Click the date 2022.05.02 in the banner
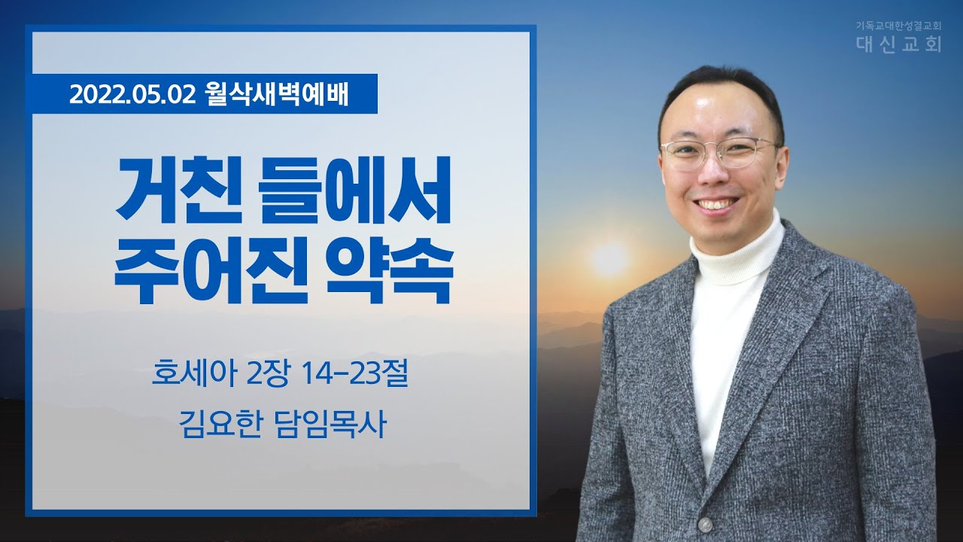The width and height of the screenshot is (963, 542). click(132, 95)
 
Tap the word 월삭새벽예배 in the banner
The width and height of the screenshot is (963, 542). click(277, 94)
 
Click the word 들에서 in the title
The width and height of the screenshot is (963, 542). click(357, 190)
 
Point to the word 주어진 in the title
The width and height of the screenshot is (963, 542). click(211, 270)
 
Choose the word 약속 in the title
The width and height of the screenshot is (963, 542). click(390, 270)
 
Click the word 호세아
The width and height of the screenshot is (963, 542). click(194, 373)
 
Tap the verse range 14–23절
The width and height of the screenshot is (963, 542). click(354, 373)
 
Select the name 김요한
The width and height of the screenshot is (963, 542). click(220, 424)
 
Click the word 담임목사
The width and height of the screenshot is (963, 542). click(330, 424)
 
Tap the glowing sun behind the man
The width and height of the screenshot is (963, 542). click(609, 259)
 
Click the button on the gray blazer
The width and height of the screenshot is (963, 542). click(705, 525)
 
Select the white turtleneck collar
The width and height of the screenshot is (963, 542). click(737, 253)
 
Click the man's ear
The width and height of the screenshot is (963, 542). click(782, 161)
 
